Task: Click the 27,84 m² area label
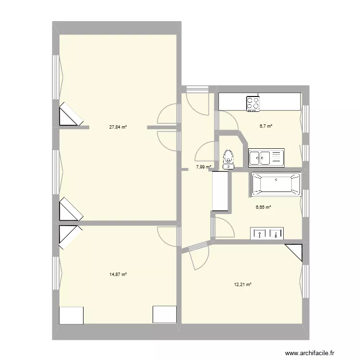pos(118,127)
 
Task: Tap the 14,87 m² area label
pos(118,275)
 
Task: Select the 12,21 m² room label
pos(243,284)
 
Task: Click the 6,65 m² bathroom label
pos(263,207)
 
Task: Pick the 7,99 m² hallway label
pos(204,168)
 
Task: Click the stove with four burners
pos(253,104)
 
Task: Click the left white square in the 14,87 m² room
pos(71,315)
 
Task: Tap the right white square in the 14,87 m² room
pos(165,314)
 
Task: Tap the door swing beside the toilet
pos(205,151)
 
